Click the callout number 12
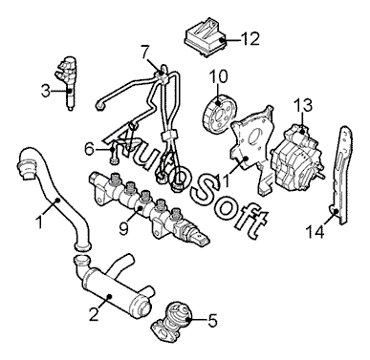click(250, 39)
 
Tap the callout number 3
click(46, 91)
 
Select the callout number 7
click(145, 53)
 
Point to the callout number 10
click(218, 76)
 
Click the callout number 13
click(303, 105)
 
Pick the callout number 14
click(315, 231)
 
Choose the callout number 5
click(212, 321)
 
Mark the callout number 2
click(94, 314)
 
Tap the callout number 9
click(124, 228)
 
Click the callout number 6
click(90, 148)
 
